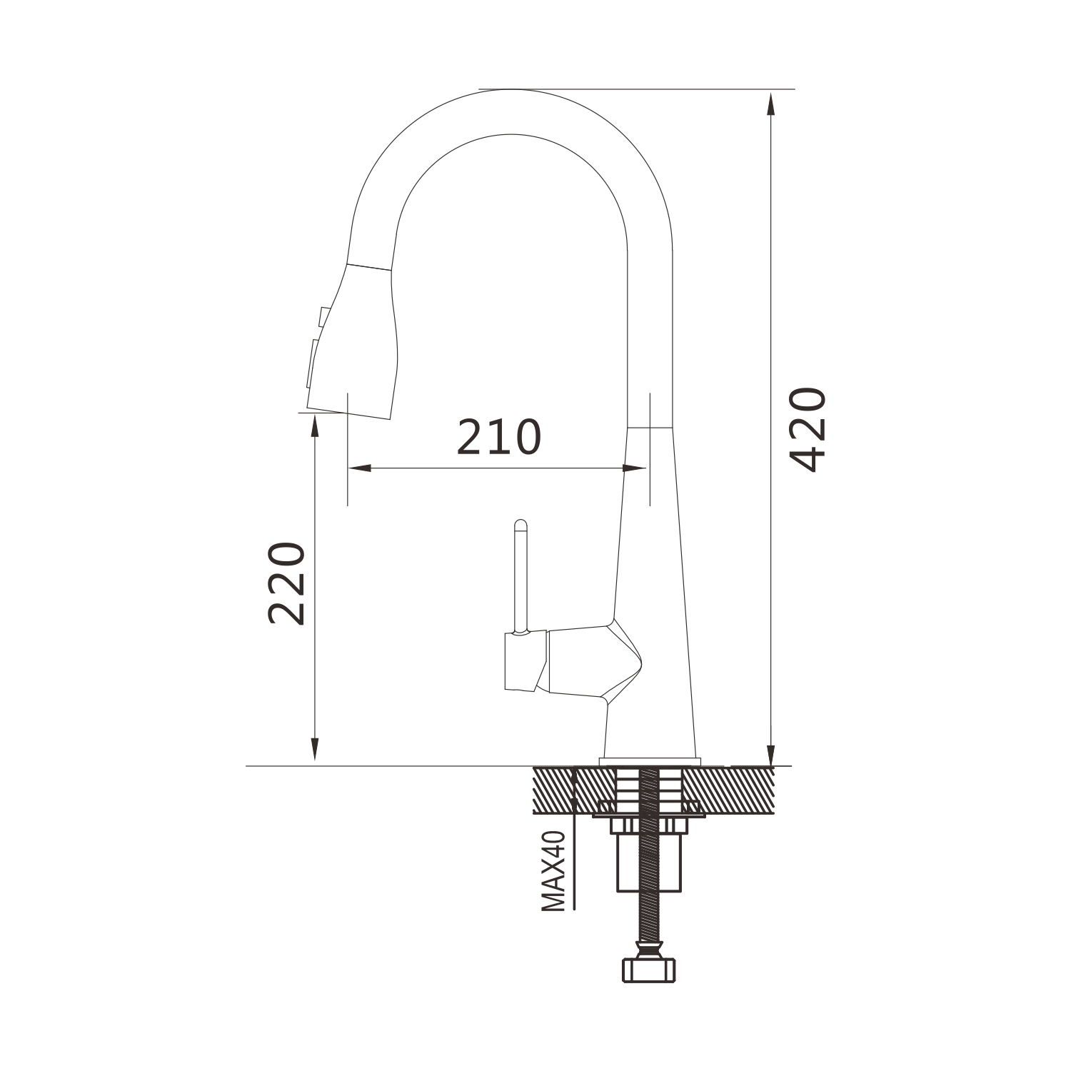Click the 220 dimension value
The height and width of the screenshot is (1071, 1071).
pyautogui.click(x=287, y=583)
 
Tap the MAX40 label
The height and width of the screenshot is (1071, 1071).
pyautogui.click(x=553, y=871)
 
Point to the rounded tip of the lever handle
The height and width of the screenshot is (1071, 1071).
pyautogui.click(x=521, y=524)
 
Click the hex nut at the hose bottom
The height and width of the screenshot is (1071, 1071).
pyautogui.click(x=649, y=969)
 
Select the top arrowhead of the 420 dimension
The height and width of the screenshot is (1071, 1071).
pyautogui.click(x=770, y=104)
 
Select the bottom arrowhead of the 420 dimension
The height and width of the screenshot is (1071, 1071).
pyautogui.click(x=770, y=753)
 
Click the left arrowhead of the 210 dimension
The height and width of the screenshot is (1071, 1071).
pyautogui.click(x=360, y=468)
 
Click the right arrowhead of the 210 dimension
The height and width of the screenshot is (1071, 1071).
pyautogui.click(x=633, y=468)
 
